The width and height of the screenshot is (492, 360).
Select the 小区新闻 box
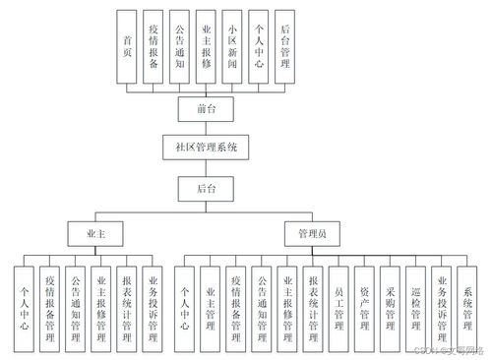(x=231, y=46)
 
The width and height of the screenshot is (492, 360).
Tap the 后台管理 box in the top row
(x=284, y=46)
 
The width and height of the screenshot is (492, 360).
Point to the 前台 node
(x=207, y=107)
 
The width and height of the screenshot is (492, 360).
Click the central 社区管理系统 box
(x=207, y=147)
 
